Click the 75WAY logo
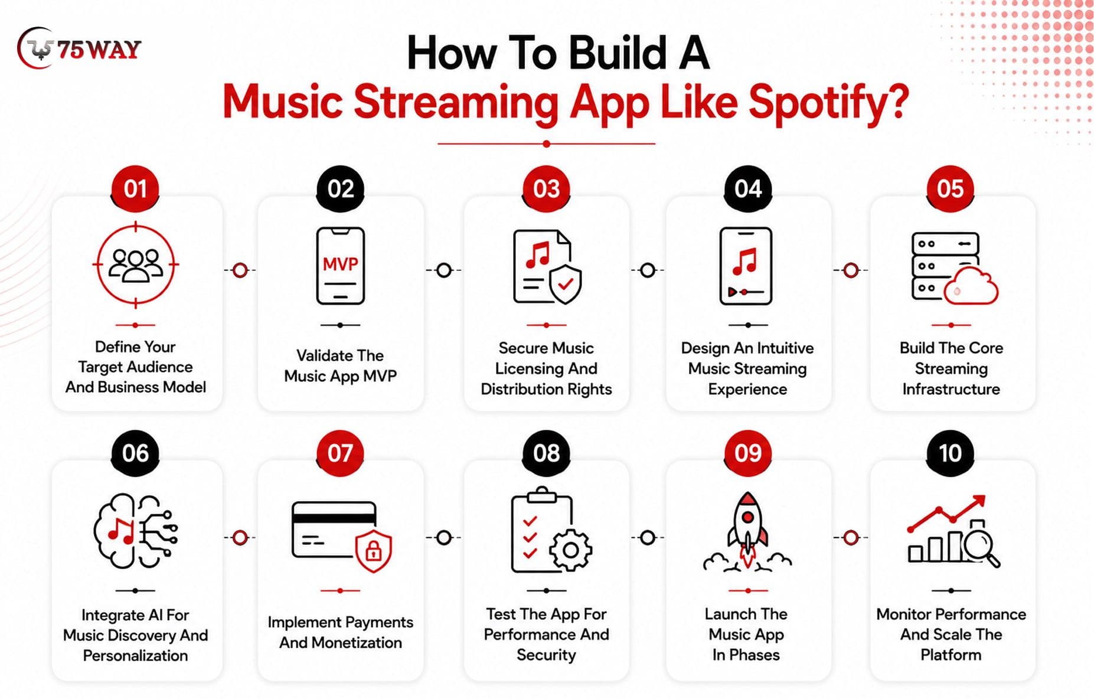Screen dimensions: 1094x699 pyautogui.click(x=79, y=48)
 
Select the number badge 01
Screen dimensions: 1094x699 pyautogui.click(x=135, y=189)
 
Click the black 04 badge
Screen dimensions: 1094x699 pyautogui.click(x=748, y=189)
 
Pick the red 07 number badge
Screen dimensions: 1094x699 pyautogui.click(x=340, y=453)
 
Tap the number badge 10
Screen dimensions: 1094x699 pyautogui.click(x=950, y=453)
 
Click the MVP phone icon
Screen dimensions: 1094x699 pyautogui.click(x=340, y=266)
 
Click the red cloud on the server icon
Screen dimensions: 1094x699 pyautogui.click(x=971, y=286)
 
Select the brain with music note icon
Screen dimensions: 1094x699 pyautogui.click(x=135, y=531)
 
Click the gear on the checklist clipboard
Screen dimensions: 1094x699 pyautogui.click(x=570, y=550)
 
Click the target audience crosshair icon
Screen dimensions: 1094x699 pyautogui.click(x=135, y=265)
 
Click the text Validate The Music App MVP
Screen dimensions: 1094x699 pyautogui.click(x=340, y=365)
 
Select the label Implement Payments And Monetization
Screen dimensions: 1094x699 pyautogui.click(x=340, y=632)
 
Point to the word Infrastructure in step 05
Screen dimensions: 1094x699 pyautogui.click(x=951, y=389)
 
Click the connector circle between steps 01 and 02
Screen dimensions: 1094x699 pyautogui.click(x=240, y=270)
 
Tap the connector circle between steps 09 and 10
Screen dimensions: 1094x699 pyautogui.click(x=851, y=537)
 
